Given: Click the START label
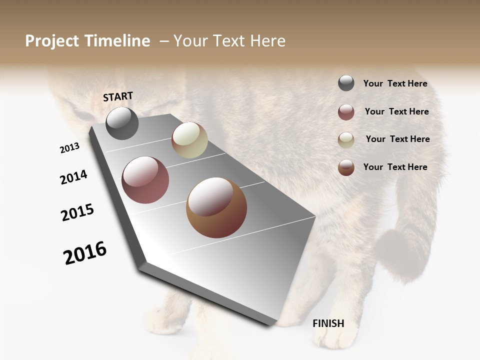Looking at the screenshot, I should point(118,96).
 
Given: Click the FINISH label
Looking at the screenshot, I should point(328,323).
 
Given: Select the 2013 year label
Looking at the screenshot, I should point(69,148).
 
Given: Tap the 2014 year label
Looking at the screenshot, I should point(74,177).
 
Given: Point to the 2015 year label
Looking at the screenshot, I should point(77,212).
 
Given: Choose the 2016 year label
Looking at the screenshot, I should point(85,253).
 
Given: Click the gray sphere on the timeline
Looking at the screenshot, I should point(122,123).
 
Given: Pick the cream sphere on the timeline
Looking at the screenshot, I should point(189,140).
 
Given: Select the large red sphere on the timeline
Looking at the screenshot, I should point(145,180).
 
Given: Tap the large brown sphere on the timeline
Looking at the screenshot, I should point(216,207).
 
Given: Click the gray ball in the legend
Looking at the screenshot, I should point(346,83).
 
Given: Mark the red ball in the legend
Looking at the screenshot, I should point(346,112).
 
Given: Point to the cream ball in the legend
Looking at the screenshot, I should point(346,140).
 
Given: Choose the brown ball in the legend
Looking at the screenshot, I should point(346,167).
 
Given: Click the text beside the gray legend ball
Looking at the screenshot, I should point(395,84).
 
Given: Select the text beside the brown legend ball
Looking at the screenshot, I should point(395,167).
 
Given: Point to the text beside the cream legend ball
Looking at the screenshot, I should point(397,139).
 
